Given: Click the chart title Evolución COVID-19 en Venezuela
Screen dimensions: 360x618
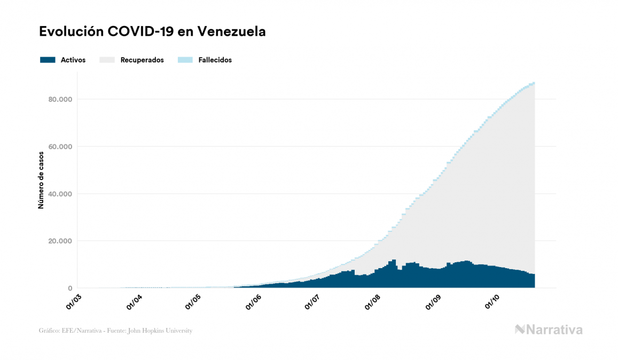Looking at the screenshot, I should click(152, 32).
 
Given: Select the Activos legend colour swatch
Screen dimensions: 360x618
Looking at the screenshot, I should click(48, 60).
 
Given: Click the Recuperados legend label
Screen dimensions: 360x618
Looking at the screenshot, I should click(142, 60).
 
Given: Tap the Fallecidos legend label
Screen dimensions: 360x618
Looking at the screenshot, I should click(215, 60).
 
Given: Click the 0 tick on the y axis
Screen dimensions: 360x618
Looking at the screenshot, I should click(69, 288).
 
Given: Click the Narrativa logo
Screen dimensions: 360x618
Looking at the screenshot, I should click(549, 330).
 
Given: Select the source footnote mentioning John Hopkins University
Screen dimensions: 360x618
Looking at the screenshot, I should click(115, 331).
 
